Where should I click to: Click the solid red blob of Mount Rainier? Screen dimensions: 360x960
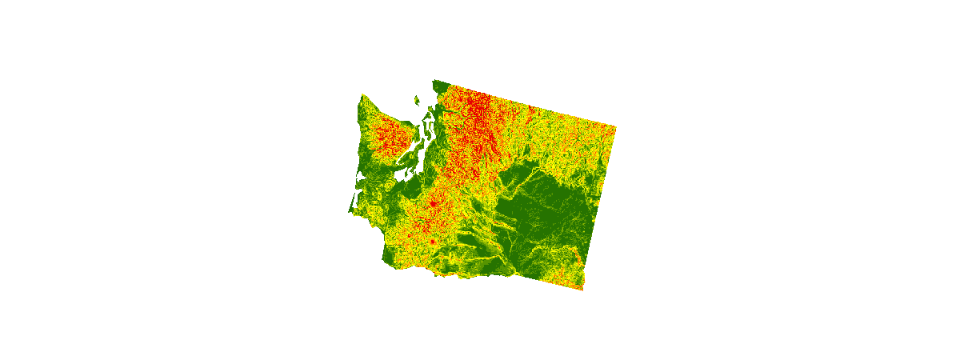433,205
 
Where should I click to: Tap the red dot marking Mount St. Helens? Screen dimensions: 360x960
431,240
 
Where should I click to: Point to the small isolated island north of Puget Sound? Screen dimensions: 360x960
417,100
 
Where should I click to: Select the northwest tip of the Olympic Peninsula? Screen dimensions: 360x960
361,96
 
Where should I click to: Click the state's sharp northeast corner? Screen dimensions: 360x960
616,126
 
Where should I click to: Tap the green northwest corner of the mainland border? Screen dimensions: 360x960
434,81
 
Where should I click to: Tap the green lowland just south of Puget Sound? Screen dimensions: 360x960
412,188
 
